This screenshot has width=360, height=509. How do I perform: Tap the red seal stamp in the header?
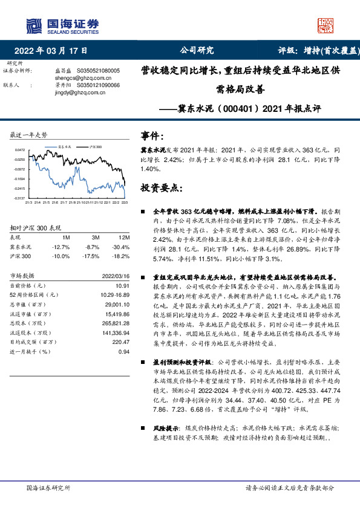click(x=326, y=25)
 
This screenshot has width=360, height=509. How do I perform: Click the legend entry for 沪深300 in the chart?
click(x=94, y=146)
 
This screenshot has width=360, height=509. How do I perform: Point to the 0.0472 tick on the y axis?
click(x=20, y=150)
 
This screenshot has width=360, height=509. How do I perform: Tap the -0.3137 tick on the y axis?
click(x=20, y=198)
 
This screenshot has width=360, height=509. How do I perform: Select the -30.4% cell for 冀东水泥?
click(x=123, y=247)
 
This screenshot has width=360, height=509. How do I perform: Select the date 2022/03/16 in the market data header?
click(x=117, y=276)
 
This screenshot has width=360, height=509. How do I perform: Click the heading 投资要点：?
click(x=160, y=189)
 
